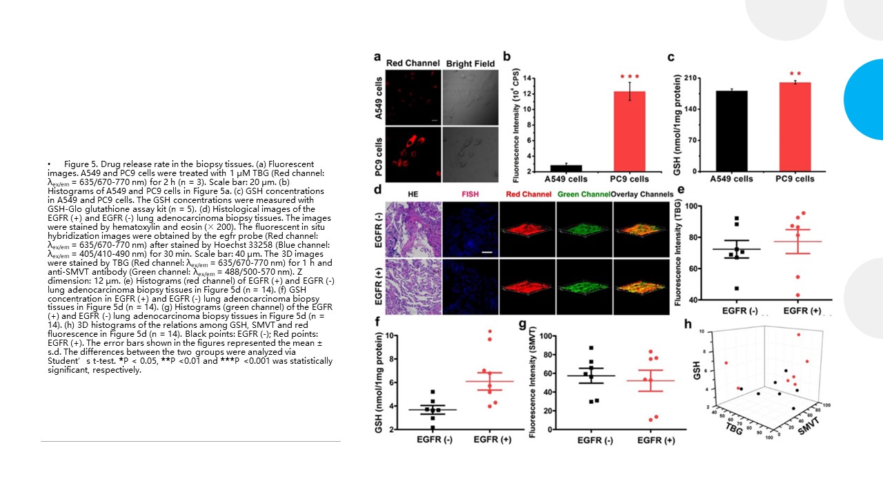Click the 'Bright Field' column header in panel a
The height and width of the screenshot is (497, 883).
pos(470,64)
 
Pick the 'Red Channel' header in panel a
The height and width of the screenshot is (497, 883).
pos(413,64)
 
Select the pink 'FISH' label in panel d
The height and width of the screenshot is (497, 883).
pos(469,195)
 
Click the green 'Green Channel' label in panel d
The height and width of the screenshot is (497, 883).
pos(583,195)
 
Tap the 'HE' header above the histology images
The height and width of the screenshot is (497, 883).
pos(413,195)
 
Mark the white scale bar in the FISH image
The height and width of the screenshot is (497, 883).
pos(487,253)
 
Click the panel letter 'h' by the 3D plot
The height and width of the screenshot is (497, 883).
pos(687,323)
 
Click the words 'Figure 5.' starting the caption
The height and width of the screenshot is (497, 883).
pos(82,163)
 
